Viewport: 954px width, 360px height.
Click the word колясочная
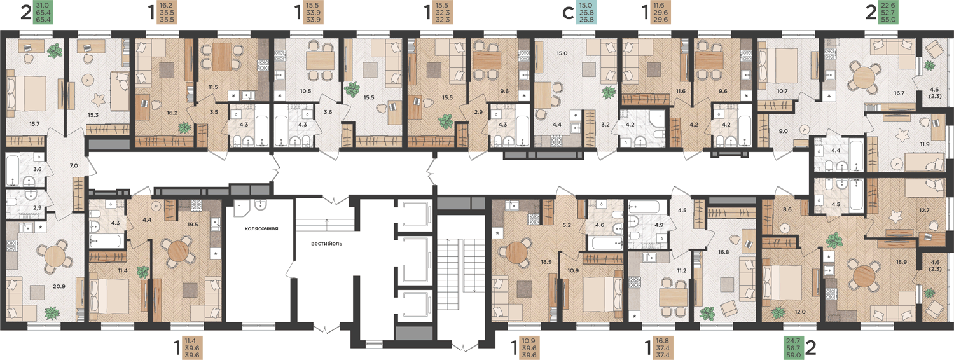click(x=261, y=228)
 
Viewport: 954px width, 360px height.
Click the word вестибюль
click(x=326, y=244)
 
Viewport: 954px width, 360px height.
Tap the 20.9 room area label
click(x=59, y=286)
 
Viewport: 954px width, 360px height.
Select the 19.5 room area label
click(x=193, y=224)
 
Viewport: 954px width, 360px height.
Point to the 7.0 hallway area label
click(x=74, y=166)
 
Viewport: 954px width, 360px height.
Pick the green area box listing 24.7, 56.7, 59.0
click(x=794, y=348)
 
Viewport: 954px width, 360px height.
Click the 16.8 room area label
click(x=724, y=252)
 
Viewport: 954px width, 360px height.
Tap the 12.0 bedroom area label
click(x=800, y=312)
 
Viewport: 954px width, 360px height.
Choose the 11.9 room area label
click(x=925, y=144)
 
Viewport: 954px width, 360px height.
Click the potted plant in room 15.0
click(x=609, y=92)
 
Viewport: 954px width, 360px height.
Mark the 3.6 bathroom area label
click(x=38, y=169)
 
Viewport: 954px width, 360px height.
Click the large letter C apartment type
click(x=568, y=13)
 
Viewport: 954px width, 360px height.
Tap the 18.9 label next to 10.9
click(x=546, y=262)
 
